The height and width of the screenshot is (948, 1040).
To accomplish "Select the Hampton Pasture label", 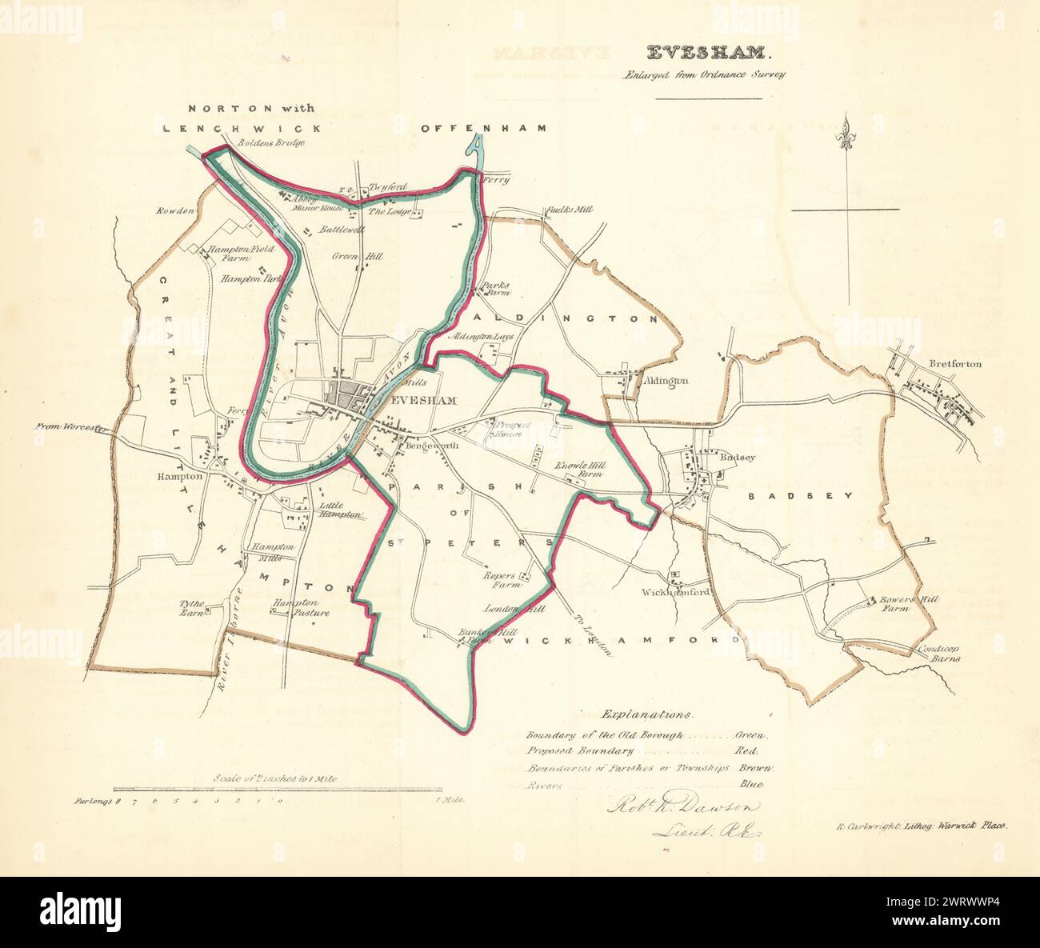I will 302,607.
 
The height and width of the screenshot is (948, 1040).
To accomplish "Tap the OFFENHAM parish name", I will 483,128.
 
